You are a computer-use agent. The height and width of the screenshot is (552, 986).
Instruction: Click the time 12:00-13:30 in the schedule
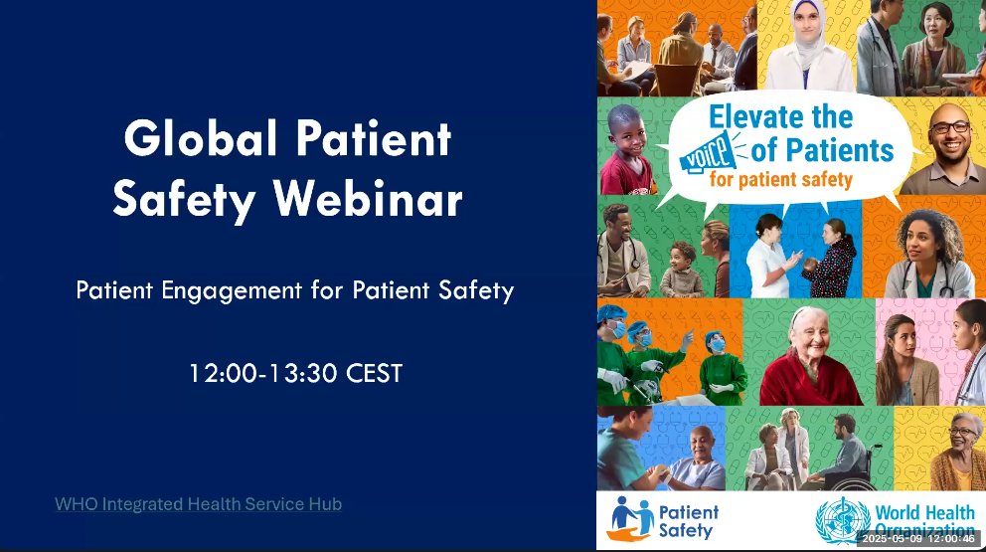(264, 374)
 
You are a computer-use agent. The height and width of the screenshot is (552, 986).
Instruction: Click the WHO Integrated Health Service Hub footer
(198, 504)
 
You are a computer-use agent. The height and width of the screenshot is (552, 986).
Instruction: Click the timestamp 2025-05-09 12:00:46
(918, 538)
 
